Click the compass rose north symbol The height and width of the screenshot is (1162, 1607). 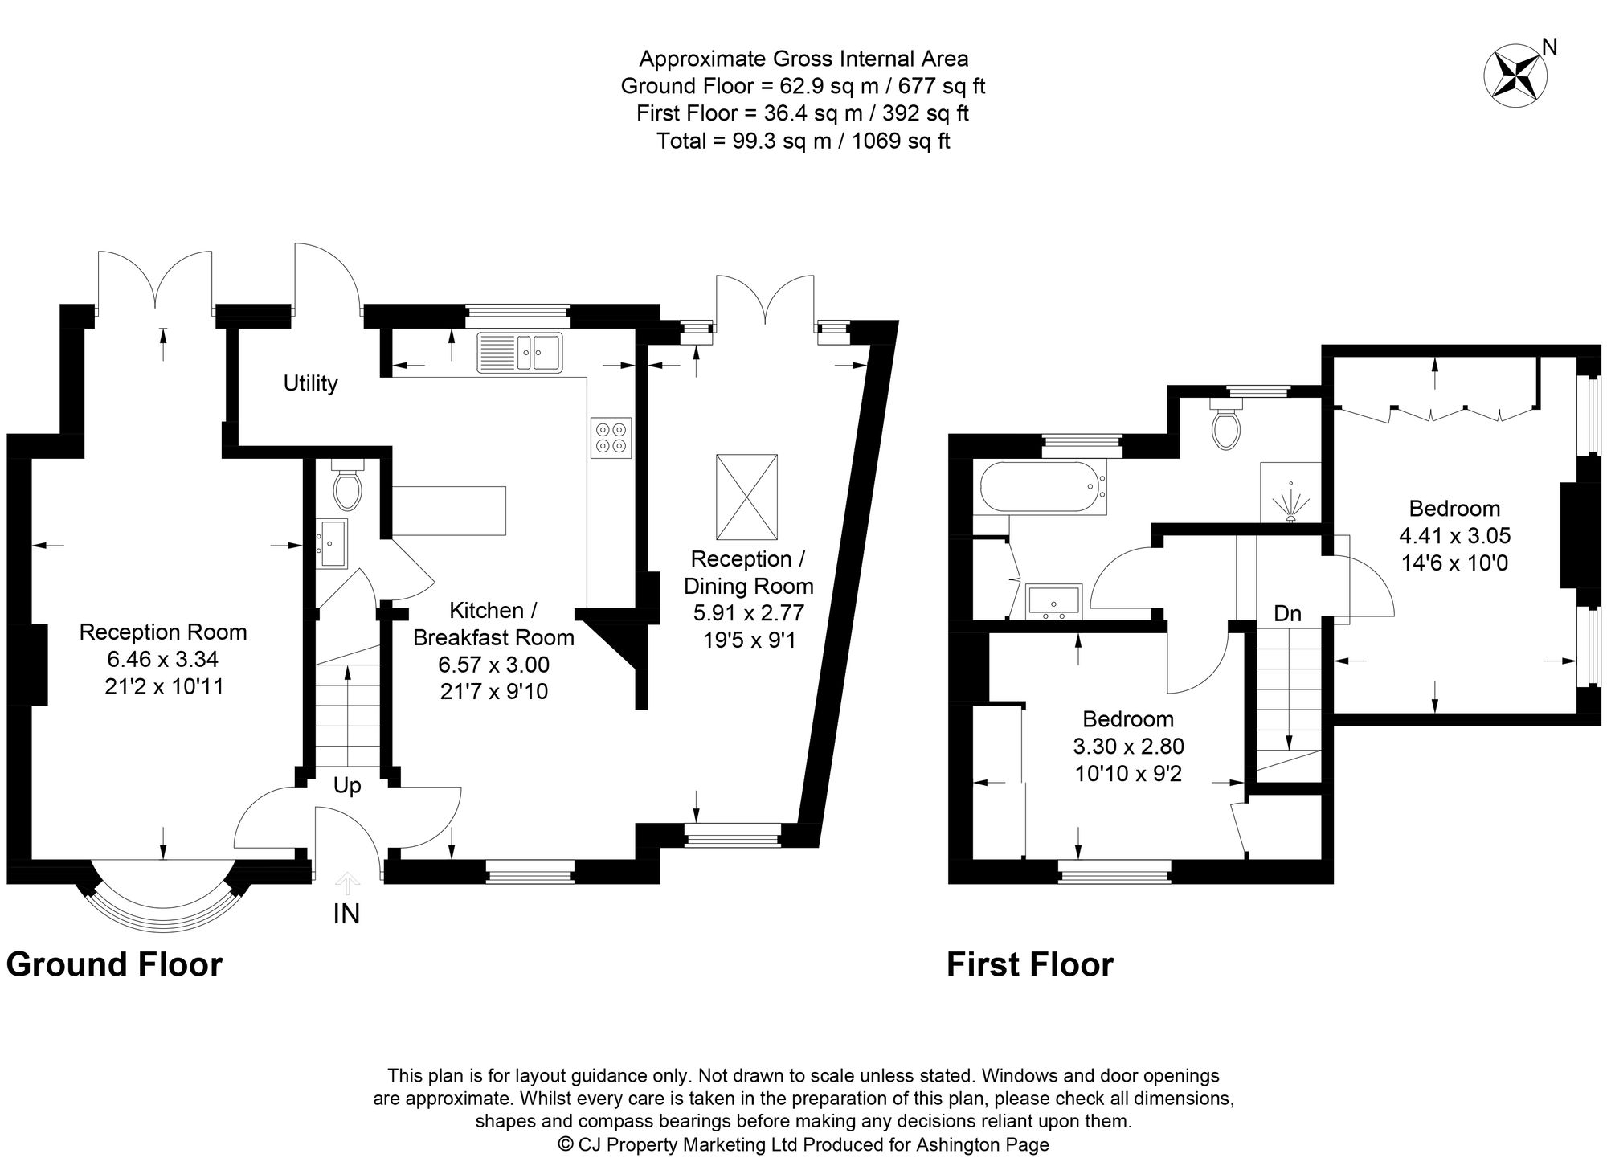1515,76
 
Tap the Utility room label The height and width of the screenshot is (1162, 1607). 310,383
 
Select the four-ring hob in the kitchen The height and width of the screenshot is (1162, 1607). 611,438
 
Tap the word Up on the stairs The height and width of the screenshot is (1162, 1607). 347,785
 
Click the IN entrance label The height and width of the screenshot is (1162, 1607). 346,914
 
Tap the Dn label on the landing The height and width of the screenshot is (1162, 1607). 1287,614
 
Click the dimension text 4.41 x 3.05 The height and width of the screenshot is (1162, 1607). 1454,535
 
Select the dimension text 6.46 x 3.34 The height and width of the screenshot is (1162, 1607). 163,659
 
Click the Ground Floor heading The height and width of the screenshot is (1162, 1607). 114,964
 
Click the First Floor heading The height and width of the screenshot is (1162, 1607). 1030,964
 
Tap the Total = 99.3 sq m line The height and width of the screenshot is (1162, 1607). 803,141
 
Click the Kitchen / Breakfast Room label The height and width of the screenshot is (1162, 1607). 493,624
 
